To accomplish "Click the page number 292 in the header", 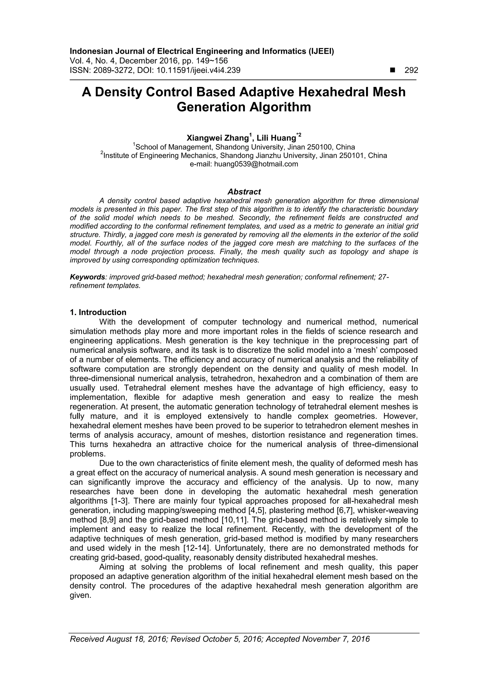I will point(411,70).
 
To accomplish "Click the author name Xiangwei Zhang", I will point(218,138).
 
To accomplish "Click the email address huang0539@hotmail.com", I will point(256,164).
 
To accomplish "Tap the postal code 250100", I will point(319,147).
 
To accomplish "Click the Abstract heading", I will point(244,192).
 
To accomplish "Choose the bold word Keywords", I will point(87,277).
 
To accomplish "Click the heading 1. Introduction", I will point(98,312).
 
